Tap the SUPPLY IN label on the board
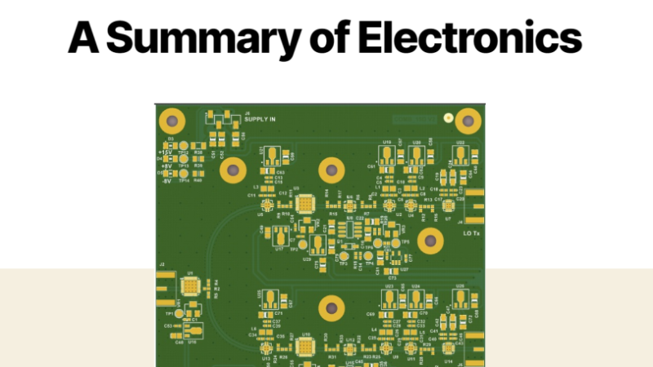pos(260,120)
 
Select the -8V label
pos(166,180)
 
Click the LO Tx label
pos(471,234)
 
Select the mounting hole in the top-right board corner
pos(468,122)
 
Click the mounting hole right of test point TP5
pos(430,241)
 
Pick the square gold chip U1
pos(190,285)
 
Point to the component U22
pos(460,156)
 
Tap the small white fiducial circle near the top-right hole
pos(448,117)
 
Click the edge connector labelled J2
pos(163,282)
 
